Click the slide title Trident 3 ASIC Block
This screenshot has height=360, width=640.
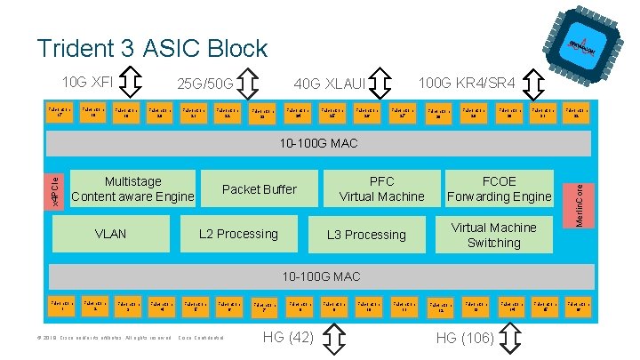[x=152, y=48]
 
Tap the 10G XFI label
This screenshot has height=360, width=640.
[x=87, y=83]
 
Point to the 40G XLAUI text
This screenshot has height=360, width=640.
[x=329, y=84]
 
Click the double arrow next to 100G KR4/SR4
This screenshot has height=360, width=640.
[x=534, y=84]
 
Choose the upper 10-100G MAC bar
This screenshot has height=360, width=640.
[x=320, y=142]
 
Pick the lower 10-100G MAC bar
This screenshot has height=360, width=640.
[x=320, y=276]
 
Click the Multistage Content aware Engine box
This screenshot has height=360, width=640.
[x=132, y=188]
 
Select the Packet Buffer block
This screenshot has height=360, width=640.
[x=260, y=189]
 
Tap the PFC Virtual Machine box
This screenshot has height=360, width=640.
[x=381, y=188]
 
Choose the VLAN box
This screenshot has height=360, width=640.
[x=111, y=235]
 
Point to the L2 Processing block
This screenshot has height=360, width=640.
[x=238, y=235]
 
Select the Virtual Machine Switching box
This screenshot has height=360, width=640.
[x=493, y=235]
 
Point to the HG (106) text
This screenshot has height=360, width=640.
[x=466, y=337]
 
